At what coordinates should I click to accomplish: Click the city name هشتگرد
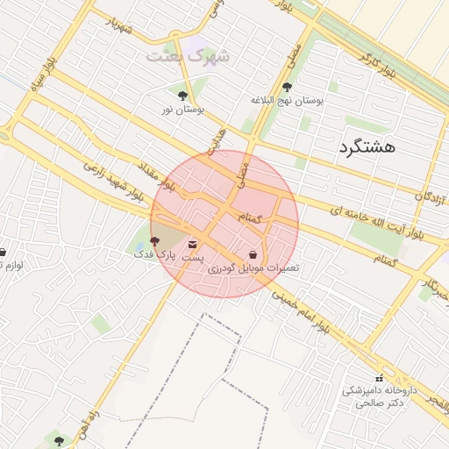coord(367,146)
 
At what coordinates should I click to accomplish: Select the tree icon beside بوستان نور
coord(182,96)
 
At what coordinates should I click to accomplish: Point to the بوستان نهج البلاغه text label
coord(288,101)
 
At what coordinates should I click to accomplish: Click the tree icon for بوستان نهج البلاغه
coord(288,87)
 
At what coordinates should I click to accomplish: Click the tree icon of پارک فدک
coord(155,240)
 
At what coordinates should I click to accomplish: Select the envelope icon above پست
coord(193,245)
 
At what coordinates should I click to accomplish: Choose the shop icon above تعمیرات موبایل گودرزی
coord(253,253)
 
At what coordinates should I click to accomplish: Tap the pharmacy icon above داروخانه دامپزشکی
coord(378,378)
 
